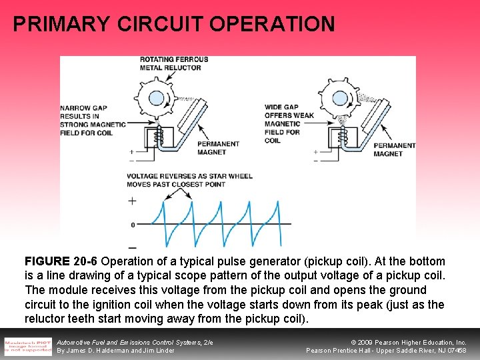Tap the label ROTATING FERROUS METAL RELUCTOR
pyautogui.click(x=173, y=63)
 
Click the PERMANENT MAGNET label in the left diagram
pyautogui.click(x=218, y=148)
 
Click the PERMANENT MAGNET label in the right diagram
pyautogui.click(x=394, y=149)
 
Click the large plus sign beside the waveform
pyautogui.click(x=132, y=201)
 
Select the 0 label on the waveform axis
pyautogui.click(x=133, y=225)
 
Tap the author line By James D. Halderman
pyautogui.click(x=115, y=351)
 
